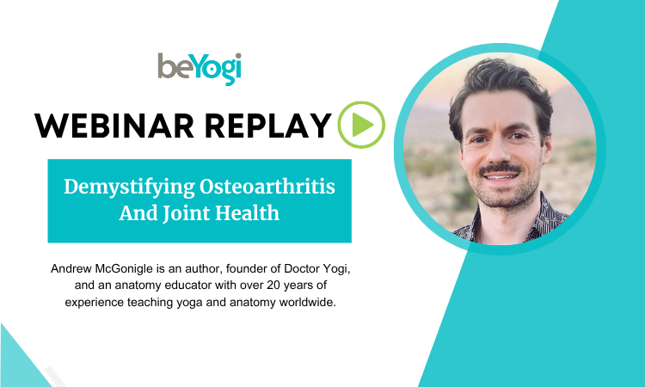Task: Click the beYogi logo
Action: [200, 69]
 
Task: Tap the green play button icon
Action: [361, 125]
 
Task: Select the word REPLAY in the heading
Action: [267, 126]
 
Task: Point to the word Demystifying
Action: [129, 187]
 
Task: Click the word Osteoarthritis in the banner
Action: [267, 187]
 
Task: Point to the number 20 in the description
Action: [273, 285]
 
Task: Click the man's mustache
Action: [501, 169]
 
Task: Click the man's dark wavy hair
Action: [499, 86]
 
